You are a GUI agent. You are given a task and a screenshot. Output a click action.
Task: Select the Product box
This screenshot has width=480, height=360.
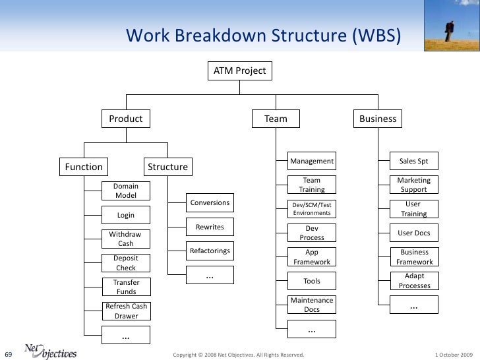point(125,119)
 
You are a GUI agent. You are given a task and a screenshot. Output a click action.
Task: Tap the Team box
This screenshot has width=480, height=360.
point(276,119)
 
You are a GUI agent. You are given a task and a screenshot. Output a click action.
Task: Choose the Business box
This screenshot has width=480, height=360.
point(378,119)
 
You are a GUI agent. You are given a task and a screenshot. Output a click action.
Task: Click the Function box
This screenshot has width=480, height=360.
point(82,167)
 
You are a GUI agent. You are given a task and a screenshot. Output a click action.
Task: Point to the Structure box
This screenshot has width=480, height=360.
point(167,167)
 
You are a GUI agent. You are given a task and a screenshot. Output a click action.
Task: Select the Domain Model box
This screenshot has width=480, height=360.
point(125,191)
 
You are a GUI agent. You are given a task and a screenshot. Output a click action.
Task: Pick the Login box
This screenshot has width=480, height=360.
point(125,215)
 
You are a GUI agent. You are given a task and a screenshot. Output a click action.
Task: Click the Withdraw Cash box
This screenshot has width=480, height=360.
point(125,239)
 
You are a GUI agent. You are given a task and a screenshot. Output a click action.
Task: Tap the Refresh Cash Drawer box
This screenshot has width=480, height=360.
point(126,311)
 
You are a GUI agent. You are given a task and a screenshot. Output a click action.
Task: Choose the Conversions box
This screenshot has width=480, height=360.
point(210,202)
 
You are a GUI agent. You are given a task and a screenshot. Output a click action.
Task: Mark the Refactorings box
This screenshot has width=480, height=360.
point(210,251)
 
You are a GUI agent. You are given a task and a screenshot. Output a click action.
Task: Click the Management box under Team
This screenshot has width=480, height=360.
point(312,161)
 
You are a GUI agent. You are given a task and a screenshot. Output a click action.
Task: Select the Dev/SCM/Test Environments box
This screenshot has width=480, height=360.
point(312,209)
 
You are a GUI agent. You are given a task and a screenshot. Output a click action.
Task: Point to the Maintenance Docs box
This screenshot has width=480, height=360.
point(312,305)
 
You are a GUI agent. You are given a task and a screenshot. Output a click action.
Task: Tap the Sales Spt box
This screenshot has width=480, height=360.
point(414,161)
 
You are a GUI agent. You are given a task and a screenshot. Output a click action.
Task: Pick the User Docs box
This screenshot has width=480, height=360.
point(414,233)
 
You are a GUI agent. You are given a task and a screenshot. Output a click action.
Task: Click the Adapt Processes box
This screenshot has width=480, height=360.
point(414,281)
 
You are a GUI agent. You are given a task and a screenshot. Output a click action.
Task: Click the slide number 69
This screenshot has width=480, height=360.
point(9,355)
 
